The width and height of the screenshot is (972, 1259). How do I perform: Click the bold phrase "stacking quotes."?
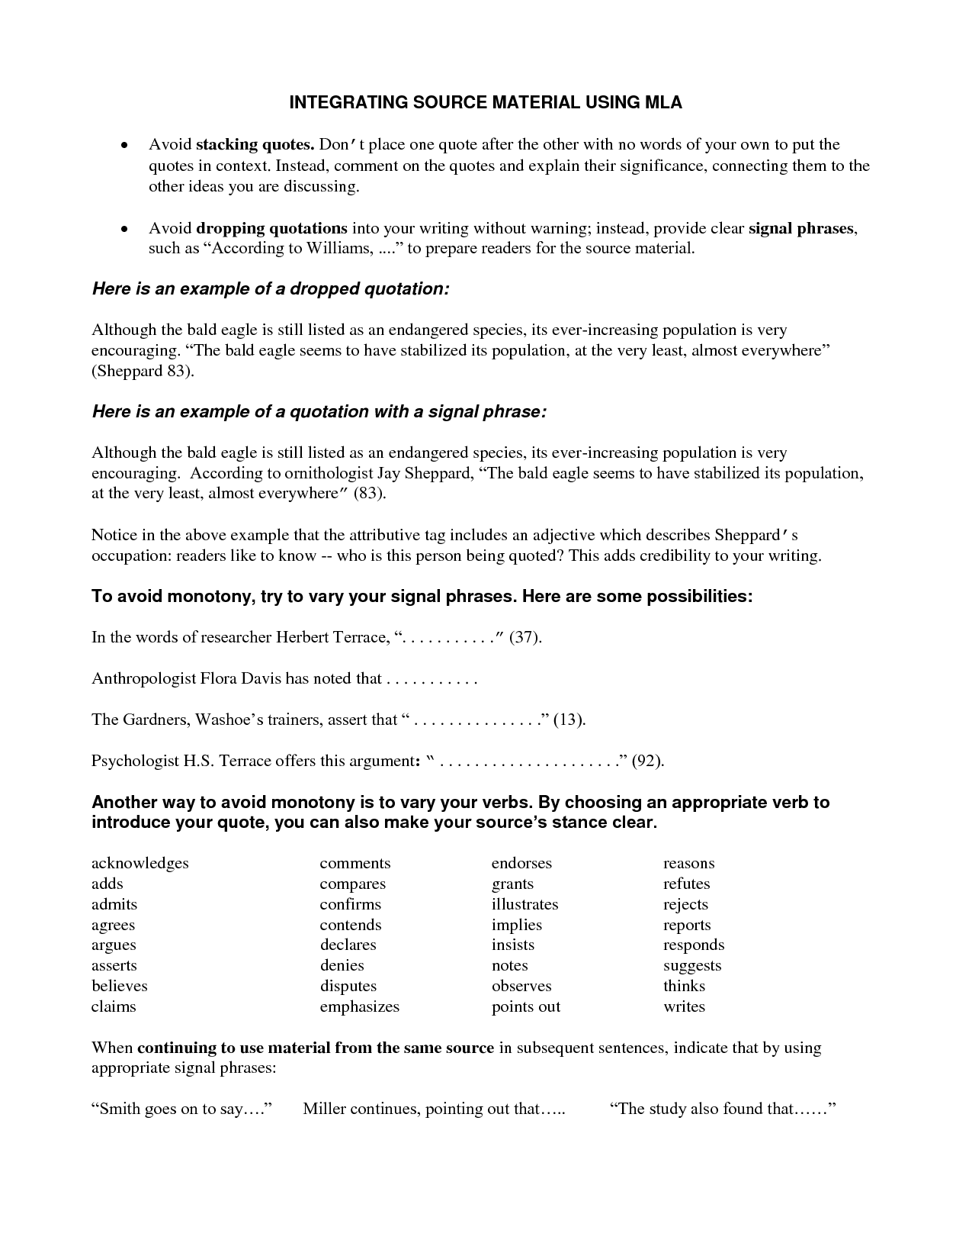tap(255, 145)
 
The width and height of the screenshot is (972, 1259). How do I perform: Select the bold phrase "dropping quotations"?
tap(271, 228)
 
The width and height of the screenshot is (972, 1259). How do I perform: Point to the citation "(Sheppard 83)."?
tap(143, 372)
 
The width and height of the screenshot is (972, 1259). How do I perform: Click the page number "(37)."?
tap(525, 637)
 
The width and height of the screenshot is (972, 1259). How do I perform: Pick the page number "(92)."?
tap(648, 761)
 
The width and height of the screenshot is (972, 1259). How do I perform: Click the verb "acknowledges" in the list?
tap(140, 863)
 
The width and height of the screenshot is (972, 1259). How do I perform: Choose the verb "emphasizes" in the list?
tap(359, 1006)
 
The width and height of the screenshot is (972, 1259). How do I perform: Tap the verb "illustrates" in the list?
tap(524, 904)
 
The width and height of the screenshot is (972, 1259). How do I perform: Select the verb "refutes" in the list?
tap(686, 884)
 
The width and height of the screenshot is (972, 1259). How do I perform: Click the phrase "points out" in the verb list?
tap(526, 1006)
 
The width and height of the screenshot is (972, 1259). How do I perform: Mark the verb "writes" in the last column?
tap(684, 1006)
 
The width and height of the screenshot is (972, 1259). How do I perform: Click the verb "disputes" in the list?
tap(348, 986)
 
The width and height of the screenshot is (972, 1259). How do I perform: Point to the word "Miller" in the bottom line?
tap(325, 1109)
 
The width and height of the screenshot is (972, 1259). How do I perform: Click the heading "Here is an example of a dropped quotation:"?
tap(271, 289)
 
